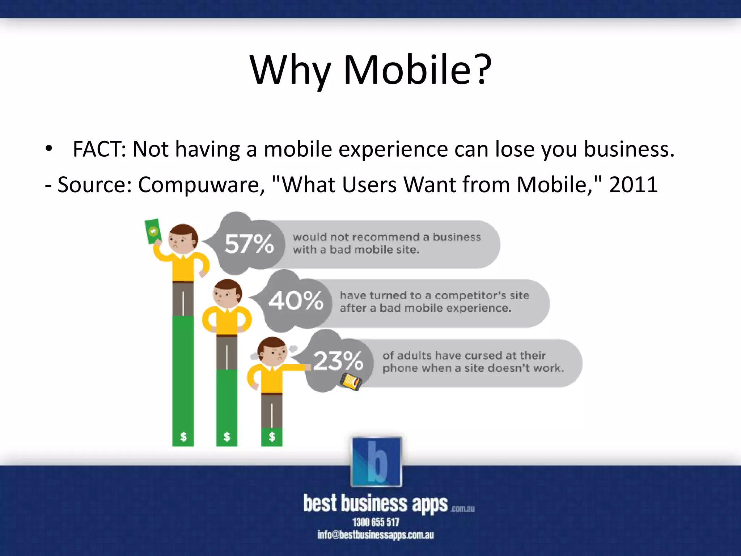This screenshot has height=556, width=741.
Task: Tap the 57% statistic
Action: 249,244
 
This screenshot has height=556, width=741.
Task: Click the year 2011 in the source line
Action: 633,185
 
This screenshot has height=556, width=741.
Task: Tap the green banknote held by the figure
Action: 152,231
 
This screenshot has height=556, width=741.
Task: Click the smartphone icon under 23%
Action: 351,382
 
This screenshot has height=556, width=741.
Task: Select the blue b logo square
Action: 376,462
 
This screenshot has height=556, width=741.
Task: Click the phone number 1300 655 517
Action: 376,522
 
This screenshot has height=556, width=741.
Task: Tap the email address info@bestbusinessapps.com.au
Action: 376,535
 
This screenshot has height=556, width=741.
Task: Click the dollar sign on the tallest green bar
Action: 183,437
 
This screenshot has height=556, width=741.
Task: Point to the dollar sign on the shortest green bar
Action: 272,437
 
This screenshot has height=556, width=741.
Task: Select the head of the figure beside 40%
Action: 227,293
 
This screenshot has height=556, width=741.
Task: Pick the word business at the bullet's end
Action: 629,149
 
